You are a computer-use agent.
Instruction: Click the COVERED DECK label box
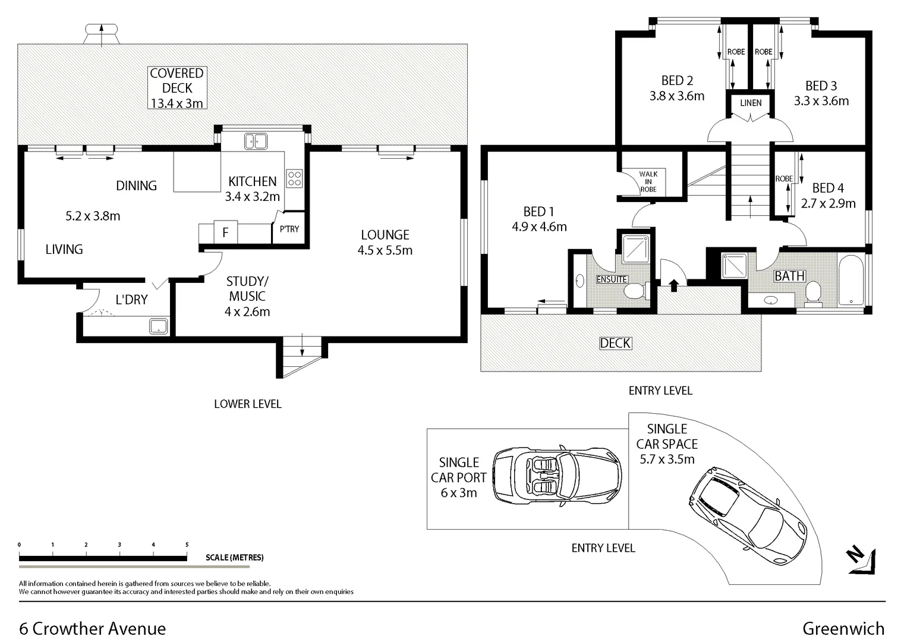tap(177, 88)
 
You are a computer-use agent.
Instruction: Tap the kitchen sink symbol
tap(256, 141)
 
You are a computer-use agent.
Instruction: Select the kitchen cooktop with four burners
tap(295, 178)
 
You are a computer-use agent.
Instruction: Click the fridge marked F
tap(225, 232)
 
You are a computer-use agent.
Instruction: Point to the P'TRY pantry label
tap(289, 229)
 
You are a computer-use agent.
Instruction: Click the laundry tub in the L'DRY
tap(158, 326)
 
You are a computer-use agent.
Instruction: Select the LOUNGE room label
tap(385, 235)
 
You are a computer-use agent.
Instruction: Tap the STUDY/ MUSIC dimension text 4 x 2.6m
tap(247, 311)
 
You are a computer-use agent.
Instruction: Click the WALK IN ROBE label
tap(648, 182)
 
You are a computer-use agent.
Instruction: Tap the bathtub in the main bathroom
tap(851, 281)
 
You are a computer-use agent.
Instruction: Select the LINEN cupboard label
tap(751, 103)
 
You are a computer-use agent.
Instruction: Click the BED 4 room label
tap(828, 188)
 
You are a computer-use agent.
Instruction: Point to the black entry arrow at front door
tap(673, 285)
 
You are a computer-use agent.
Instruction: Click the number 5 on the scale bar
tap(187, 545)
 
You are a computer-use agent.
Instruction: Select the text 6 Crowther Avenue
tap(93, 628)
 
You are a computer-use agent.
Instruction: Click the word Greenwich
tap(843, 628)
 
